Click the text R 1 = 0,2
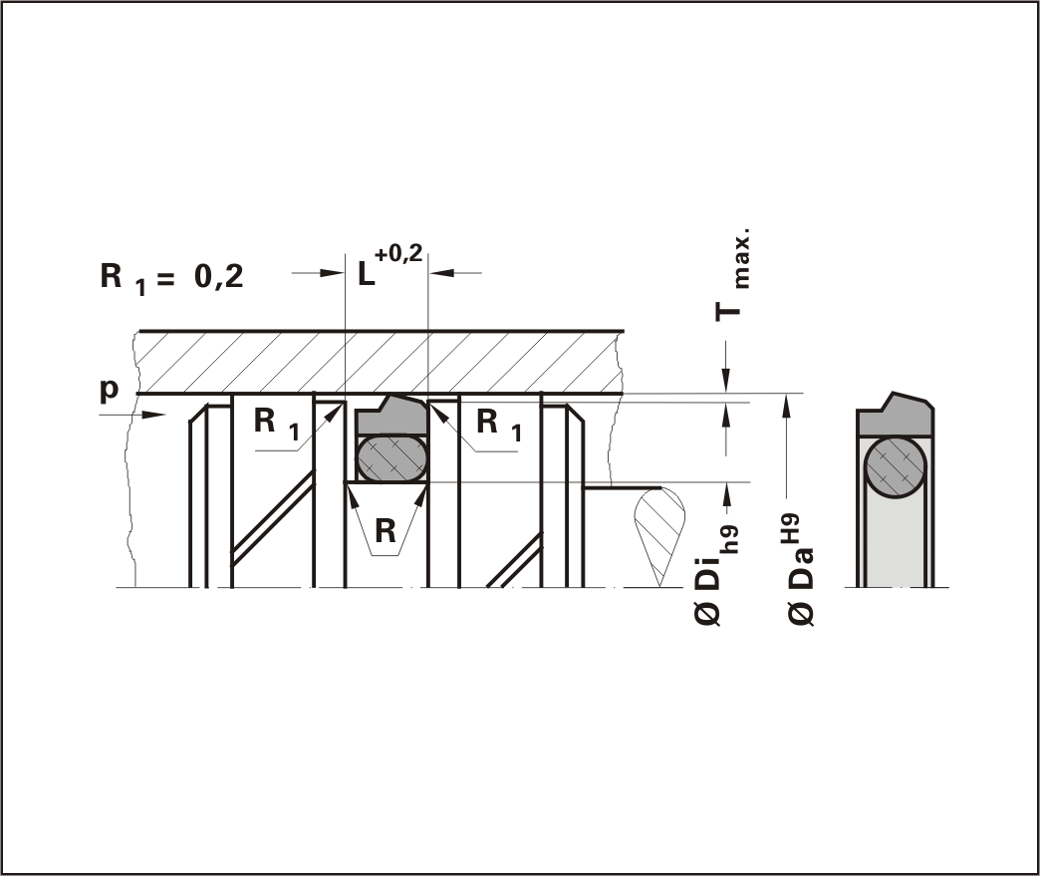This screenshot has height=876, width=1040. (x=171, y=278)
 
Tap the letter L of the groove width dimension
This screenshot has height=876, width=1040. (x=367, y=274)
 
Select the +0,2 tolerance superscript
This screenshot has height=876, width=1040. (x=397, y=253)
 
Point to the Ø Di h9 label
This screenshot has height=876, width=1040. (x=716, y=573)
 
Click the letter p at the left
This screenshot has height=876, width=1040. (x=110, y=390)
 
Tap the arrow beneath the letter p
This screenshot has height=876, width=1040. (x=131, y=415)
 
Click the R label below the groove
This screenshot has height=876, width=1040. (x=385, y=531)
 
